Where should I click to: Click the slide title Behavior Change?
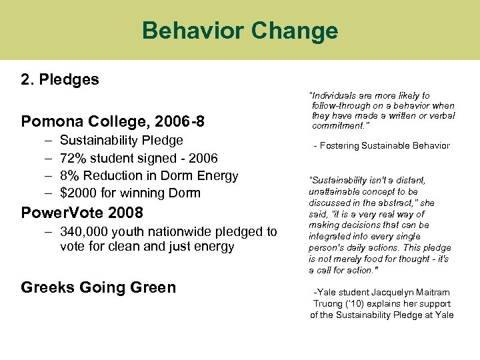click(240, 31)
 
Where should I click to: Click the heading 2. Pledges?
click(60, 80)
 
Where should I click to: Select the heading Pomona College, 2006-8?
click(113, 121)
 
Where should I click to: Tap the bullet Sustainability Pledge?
click(121, 141)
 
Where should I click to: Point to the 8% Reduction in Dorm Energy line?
click(149, 176)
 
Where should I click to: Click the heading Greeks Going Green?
click(99, 287)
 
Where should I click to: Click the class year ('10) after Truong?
click(355, 303)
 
